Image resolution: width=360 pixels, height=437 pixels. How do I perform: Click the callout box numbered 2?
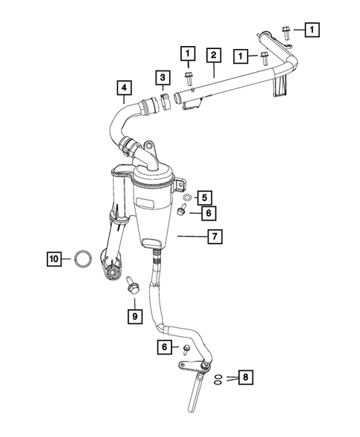tap(213, 54)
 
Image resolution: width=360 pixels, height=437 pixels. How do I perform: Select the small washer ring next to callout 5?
tap(186, 197)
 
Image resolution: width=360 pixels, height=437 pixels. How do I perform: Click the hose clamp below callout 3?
tap(163, 99)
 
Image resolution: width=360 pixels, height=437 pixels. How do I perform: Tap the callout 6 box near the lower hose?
tap(163, 346)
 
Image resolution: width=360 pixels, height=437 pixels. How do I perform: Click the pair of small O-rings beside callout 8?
tap(216, 378)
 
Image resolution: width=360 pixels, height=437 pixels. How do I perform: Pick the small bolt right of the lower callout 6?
tap(186, 349)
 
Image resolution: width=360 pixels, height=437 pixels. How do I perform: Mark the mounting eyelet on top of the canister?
tap(149, 147)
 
